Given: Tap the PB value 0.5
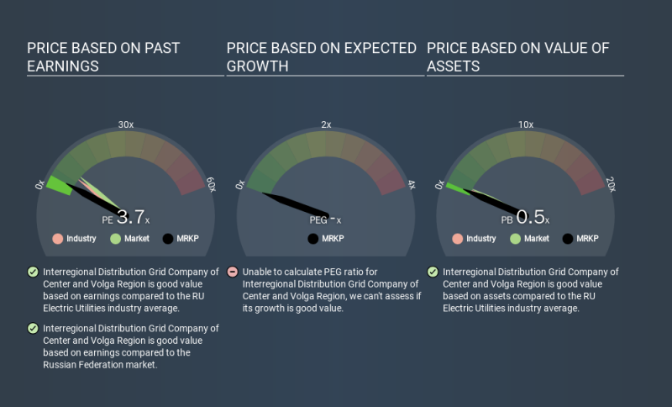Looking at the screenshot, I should click(530, 217).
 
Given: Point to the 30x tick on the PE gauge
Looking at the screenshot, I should click(125, 124).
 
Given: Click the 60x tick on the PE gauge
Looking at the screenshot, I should click(210, 184).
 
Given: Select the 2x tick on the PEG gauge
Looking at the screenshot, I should click(326, 124).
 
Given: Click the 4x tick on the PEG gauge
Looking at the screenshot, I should click(410, 184).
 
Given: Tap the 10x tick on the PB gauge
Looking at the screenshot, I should click(525, 124).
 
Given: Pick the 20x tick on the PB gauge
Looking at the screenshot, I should click(610, 184).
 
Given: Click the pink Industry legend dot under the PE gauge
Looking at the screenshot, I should click(58, 239).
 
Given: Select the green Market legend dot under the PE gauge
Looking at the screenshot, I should click(115, 239).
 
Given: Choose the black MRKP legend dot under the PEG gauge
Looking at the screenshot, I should click(313, 239).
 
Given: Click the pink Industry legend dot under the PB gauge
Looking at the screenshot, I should click(458, 239).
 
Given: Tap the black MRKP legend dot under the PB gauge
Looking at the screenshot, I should click(567, 239).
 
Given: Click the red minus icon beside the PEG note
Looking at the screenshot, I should click(232, 272).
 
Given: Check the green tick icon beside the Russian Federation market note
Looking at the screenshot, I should click(33, 329).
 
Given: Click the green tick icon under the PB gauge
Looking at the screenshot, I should click(433, 272).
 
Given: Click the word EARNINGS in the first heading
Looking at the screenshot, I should click(62, 66).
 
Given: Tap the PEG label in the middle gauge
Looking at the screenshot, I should click(318, 219).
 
